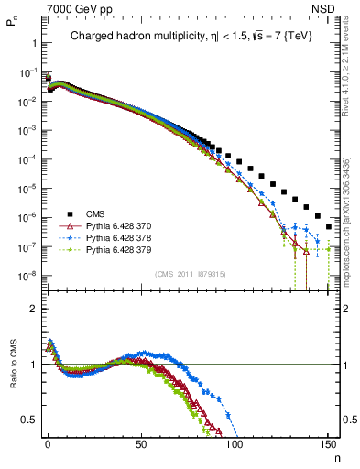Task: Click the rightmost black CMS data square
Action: pyautogui.click(x=328, y=226)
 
